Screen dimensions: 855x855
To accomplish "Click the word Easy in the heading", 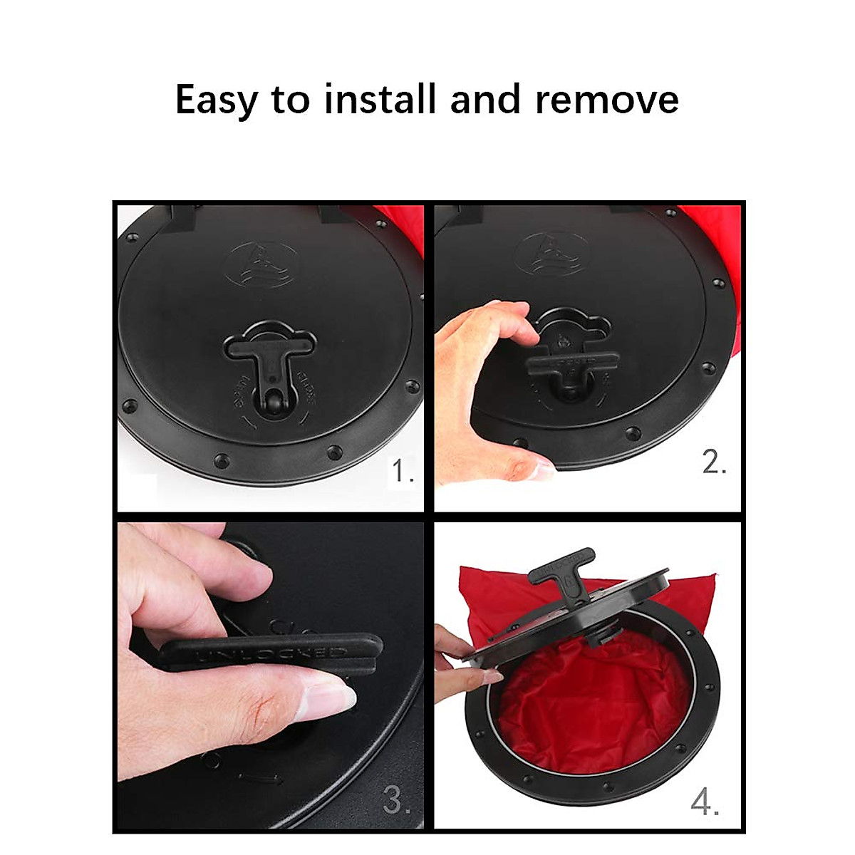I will point(216,99).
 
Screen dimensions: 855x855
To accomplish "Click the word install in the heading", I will point(380,99).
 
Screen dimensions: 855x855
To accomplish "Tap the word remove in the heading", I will point(606,99).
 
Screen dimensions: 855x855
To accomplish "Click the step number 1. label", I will point(403,471).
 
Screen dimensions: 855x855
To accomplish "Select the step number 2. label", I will point(714,462).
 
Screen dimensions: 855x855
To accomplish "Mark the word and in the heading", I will point(485,99).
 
